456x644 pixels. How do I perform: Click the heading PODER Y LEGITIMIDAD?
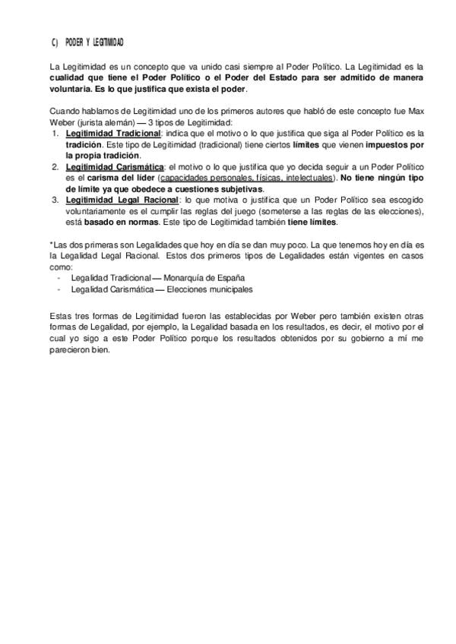point(95,43)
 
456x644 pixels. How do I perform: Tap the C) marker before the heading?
point(55,43)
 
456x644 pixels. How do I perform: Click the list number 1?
point(55,133)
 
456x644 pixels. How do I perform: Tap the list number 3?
point(55,200)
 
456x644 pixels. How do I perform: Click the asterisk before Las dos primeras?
point(50,245)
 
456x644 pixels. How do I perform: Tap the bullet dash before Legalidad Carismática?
point(59,289)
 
